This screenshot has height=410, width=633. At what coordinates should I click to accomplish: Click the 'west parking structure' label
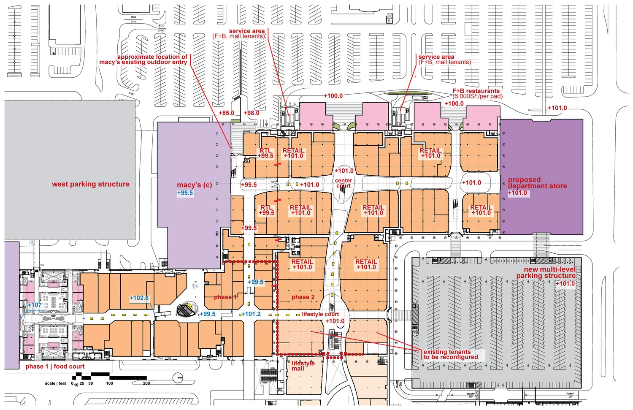tap(91, 184)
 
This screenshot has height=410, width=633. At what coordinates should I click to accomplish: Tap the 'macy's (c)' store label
tap(194, 185)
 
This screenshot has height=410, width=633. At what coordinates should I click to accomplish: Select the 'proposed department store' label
tap(537, 183)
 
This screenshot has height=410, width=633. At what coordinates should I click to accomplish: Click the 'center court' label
tap(344, 183)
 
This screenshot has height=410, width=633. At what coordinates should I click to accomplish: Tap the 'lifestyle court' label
tap(320, 314)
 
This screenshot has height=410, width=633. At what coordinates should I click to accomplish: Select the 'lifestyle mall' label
tap(303, 366)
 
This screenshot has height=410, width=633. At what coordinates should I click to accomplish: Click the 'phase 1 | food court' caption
tap(55, 367)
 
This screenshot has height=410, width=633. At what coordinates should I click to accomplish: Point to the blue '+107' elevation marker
tap(35, 305)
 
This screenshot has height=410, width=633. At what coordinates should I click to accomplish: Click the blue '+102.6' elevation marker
tap(139, 298)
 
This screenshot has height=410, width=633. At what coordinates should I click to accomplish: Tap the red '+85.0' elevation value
tap(226, 113)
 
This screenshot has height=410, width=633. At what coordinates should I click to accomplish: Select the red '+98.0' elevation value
tap(252, 113)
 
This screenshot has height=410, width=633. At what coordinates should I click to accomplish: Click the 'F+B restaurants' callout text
tap(476, 91)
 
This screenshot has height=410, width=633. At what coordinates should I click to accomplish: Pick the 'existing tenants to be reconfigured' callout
tap(451, 354)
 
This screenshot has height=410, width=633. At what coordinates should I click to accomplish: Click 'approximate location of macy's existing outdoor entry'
tap(143, 60)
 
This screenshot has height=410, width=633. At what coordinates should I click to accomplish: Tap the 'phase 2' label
tap(303, 297)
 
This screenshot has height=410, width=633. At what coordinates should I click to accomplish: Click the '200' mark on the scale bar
tap(146, 383)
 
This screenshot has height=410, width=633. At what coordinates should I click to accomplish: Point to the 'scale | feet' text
tap(55, 383)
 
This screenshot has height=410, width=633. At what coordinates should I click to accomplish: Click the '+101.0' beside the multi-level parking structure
tap(565, 283)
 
